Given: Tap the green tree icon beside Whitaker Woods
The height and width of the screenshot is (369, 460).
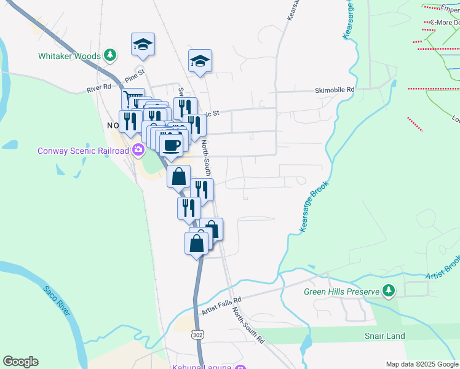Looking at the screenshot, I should tap(110, 55).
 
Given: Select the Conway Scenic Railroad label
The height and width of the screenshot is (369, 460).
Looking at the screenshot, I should tap(83, 150).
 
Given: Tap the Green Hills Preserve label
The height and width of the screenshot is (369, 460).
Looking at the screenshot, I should tap(341, 291).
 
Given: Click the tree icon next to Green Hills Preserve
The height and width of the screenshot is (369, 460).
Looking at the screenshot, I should tap(388, 290).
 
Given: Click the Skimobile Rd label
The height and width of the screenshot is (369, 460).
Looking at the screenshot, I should tap(335, 90).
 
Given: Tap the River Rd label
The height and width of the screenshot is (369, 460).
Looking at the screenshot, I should tap(98, 89).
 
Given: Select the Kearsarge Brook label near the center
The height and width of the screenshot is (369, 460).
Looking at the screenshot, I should tap(314, 206).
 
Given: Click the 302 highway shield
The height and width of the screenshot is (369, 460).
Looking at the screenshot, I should tap(197, 335).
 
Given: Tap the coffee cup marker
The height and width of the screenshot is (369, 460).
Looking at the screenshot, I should tap(171, 145).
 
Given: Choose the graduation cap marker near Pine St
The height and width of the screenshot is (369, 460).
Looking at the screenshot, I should tap(143, 44).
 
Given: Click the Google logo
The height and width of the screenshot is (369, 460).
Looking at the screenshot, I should tap(20, 362).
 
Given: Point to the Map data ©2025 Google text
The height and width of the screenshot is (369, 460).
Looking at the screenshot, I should tap(422, 364).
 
